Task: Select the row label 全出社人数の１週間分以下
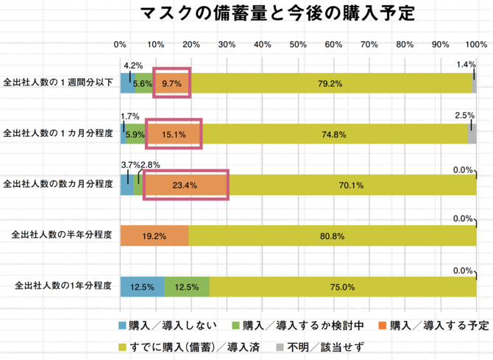point(59,82)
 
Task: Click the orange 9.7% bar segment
point(172,83)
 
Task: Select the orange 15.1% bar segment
point(174,134)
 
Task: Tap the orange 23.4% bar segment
point(185,185)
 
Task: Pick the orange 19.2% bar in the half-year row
point(155,236)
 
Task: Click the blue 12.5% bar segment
point(142,286)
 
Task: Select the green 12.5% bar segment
point(187,286)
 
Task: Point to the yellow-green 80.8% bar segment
point(333,236)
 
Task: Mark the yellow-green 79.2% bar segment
point(330,83)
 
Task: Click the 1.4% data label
point(465,65)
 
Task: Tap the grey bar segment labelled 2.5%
point(472,134)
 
